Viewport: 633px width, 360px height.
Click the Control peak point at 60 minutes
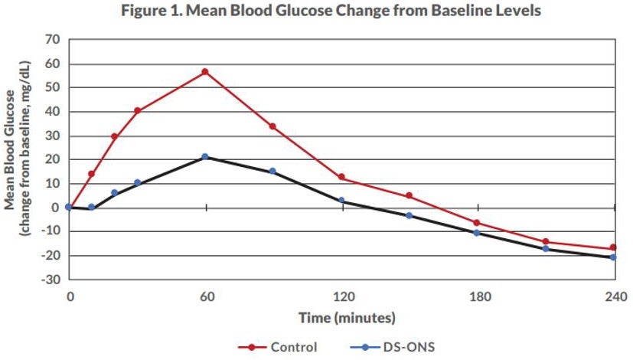(x=205, y=72)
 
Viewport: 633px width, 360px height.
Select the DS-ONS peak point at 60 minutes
(x=205, y=157)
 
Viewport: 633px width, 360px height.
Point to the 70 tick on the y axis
(x=53, y=40)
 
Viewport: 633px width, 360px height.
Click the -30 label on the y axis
(x=51, y=279)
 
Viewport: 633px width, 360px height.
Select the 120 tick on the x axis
(x=341, y=296)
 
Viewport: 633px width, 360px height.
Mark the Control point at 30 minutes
(x=138, y=111)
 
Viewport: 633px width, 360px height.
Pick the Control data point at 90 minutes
(x=272, y=126)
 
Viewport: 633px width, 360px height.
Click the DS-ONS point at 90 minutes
(x=272, y=172)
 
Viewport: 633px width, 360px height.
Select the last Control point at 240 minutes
(x=613, y=248)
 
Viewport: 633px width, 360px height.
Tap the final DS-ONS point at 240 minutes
(x=613, y=257)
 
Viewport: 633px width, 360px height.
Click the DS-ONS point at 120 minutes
(x=341, y=201)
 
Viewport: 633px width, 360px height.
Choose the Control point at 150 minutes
(x=409, y=196)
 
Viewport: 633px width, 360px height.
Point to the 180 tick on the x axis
(x=478, y=296)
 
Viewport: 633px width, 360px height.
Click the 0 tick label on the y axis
(x=56, y=208)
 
